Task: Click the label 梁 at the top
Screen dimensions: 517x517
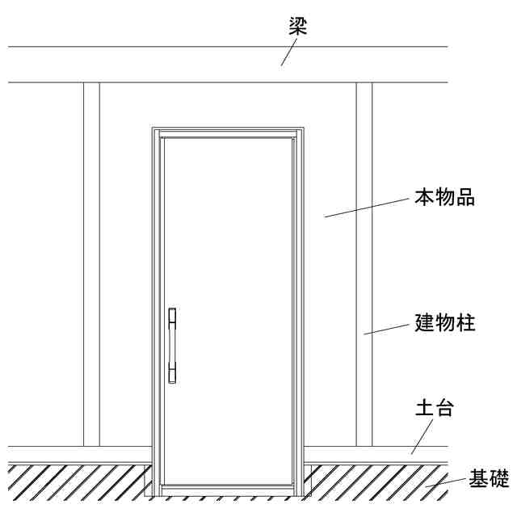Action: pos(298,26)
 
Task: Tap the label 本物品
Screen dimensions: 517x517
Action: pos(444,197)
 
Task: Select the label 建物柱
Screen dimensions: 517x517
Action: pos(444,323)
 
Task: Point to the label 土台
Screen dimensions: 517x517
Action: pos(434,407)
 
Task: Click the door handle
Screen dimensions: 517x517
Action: pos(171,346)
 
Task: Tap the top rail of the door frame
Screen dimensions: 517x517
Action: pos(227,132)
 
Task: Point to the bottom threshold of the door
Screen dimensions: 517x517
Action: pos(227,490)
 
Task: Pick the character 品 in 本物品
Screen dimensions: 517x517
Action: pos(464,197)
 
